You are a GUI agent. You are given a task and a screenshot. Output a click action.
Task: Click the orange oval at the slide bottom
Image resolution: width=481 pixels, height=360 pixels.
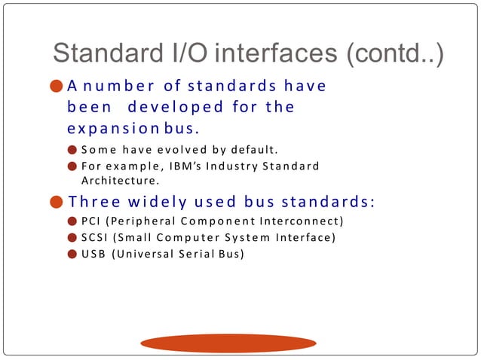click(228, 343)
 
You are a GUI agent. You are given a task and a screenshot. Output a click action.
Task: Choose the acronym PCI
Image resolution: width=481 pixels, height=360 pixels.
click(90, 221)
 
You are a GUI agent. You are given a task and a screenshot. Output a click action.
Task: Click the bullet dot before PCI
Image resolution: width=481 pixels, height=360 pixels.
click(72, 221)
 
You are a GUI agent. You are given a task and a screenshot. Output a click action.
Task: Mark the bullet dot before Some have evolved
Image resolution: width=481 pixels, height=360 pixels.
click(72, 148)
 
